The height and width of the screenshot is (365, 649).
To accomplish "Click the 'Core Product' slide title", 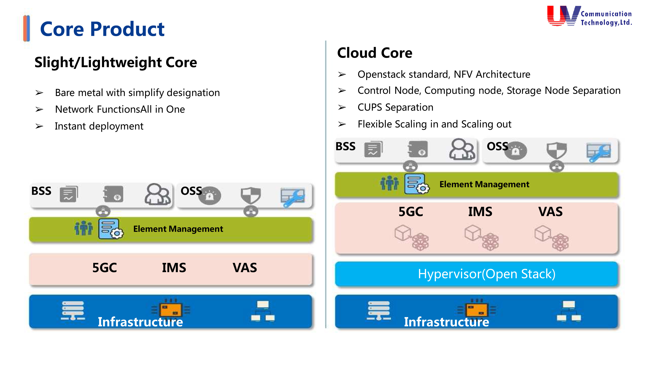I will pyautogui.click(x=102, y=29).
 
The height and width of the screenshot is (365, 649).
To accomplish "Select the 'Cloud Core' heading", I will pyautogui.click(x=375, y=53).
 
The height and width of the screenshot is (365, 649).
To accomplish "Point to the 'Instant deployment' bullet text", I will pyautogui.click(x=99, y=126).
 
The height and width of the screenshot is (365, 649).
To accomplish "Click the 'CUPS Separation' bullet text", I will pyautogui.click(x=395, y=107).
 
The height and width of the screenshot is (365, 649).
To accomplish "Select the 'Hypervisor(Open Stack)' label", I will pyautogui.click(x=487, y=274).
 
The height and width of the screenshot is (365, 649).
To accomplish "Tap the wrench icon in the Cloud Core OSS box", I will pyautogui.click(x=599, y=152).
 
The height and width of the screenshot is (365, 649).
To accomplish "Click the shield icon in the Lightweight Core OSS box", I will pyautogui.click(x=250, y=195).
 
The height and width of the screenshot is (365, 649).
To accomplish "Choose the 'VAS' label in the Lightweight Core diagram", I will pyautogui.click(x=245, y=268).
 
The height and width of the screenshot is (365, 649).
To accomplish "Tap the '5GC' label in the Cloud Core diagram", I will pyautogui.click(x=411, y=212).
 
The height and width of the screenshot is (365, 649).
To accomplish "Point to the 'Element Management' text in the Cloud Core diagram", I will pyautogui.click(x=484, y=184).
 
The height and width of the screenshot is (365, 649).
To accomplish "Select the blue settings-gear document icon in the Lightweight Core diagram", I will pyautogui.click(x=110, y=229).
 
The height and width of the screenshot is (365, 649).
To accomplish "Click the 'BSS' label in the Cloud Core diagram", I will pyautogui.click(x=345, y=146).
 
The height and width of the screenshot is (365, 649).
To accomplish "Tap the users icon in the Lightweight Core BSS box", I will pyautogui.click(x=157, y=194).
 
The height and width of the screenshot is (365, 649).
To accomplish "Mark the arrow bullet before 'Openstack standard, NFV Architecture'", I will pyautogui.click(x=342, y=74).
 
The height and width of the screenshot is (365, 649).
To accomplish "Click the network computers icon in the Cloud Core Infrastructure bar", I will pyautogui.click(x=569, y=311).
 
